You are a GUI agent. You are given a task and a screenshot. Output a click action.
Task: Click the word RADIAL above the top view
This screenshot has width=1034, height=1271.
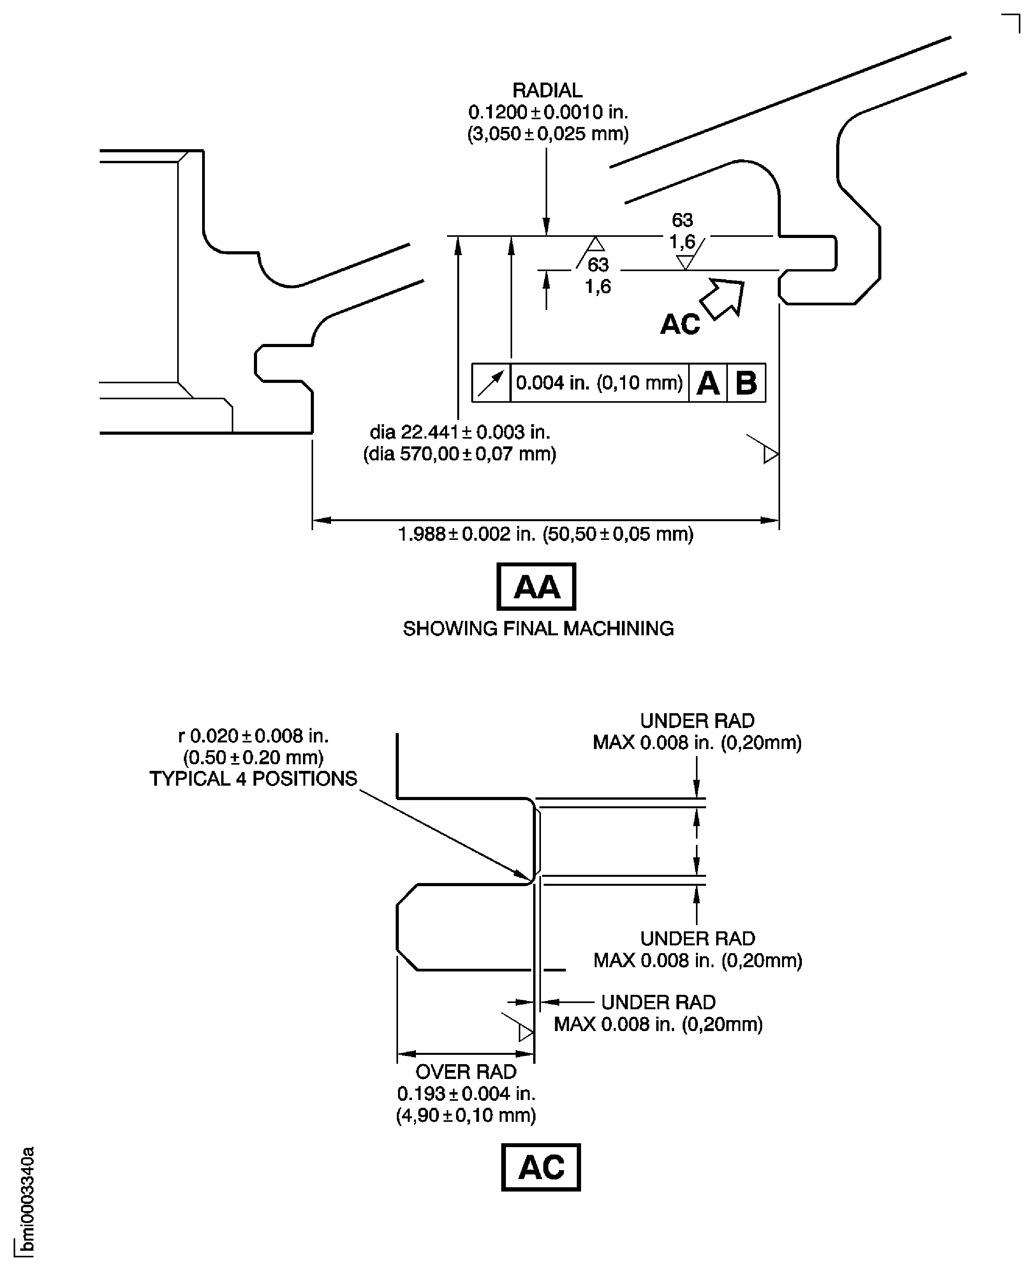pos(547,90)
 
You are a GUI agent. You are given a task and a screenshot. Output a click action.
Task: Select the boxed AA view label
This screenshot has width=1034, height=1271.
pos(536,587)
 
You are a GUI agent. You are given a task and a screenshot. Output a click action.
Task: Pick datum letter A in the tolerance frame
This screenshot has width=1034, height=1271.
pos(708,383)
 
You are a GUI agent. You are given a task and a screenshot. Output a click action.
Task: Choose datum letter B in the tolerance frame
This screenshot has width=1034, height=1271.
pos(746,383)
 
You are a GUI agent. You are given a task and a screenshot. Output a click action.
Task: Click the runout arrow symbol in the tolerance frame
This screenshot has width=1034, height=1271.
pos(491,383)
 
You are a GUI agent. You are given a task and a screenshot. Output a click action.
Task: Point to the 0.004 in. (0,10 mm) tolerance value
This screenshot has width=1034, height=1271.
pos(599,383)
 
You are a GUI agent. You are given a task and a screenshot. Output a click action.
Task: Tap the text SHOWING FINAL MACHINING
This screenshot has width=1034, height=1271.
pos(538,629)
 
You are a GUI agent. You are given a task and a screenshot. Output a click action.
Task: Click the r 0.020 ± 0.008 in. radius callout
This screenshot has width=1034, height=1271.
pos(253,736)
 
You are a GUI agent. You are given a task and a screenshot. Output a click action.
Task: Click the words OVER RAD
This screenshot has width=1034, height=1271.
pos(466,1072)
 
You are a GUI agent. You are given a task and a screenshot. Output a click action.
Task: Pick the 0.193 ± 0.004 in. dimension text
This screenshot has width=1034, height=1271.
pos(466,1093)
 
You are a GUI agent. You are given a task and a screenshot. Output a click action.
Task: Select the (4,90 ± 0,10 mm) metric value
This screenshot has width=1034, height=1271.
pos(466,1115)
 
